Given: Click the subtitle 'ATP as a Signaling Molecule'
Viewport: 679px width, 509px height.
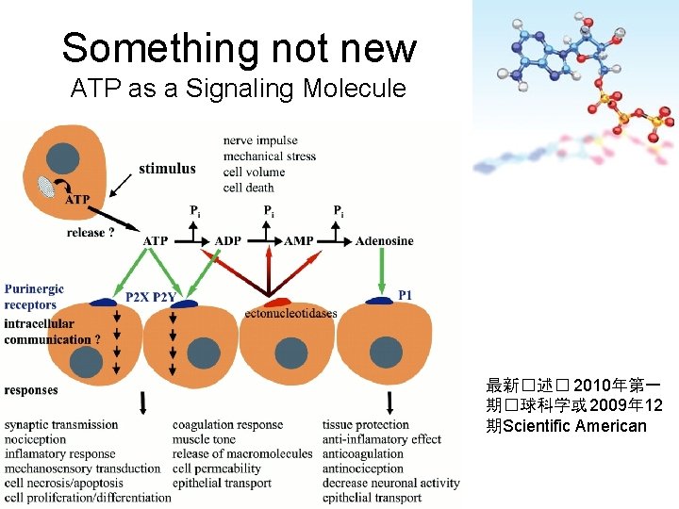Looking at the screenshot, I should point(238,90).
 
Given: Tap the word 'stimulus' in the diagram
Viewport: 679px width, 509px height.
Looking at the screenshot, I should point(167,170).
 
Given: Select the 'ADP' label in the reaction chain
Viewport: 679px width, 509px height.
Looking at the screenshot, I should point(228,241).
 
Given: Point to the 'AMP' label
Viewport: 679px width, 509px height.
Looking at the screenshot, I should point(299,241).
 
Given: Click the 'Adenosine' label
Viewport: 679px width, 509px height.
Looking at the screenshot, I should point(384,241).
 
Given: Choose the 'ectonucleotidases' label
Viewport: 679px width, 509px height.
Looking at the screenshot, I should point(290,314).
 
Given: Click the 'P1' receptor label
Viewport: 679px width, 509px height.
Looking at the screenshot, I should point(405,295).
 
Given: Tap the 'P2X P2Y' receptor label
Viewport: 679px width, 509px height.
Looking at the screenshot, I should point(151,298).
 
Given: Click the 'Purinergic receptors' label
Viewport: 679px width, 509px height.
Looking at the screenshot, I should point(34,297).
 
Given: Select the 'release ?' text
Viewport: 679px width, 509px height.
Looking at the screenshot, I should point(91,233).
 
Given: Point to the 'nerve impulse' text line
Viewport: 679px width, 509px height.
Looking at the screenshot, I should point(261,140).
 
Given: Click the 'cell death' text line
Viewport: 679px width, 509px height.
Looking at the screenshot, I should point(249,188).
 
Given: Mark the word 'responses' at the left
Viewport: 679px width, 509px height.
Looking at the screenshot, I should point(31,390).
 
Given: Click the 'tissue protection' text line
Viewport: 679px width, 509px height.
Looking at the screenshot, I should point(366,425).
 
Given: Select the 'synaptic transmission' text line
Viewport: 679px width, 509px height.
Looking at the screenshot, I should point(61,425).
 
